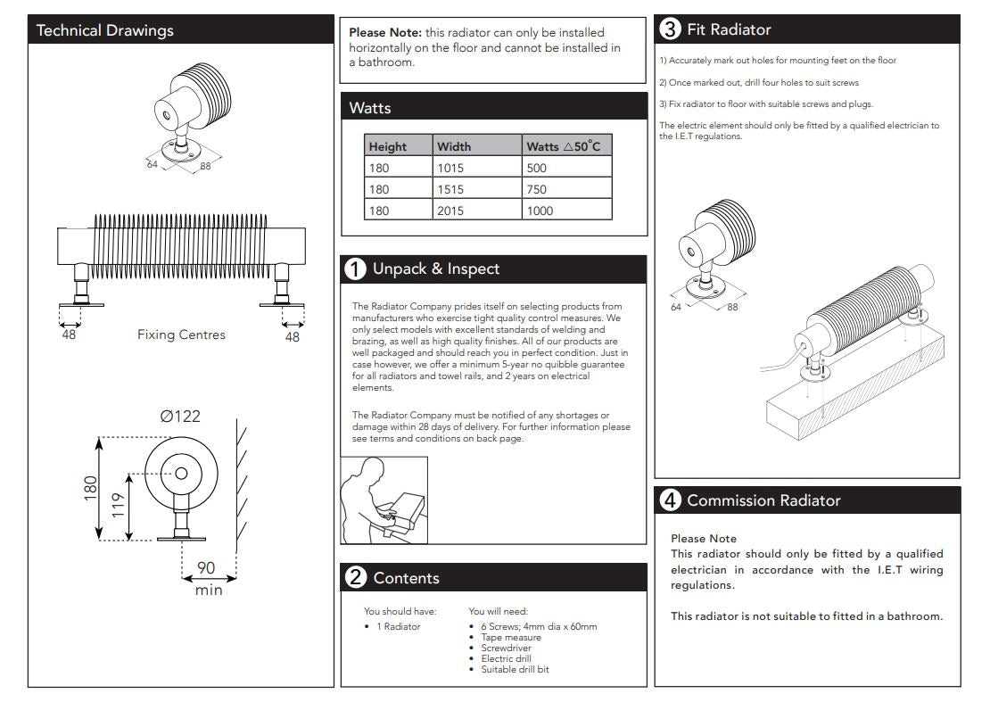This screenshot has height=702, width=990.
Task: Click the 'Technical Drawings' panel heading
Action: [105, 30]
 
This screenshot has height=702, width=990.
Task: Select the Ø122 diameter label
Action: [180, 416]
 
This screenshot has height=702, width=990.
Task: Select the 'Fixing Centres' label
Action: [181, 335]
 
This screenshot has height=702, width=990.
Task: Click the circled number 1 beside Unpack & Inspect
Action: [355, 269]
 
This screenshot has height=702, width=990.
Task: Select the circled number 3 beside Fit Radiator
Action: [670, 29]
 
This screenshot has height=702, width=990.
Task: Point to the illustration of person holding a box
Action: [384, 500]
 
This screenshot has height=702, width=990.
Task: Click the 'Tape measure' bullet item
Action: [510, 638]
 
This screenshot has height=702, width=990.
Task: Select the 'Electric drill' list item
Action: [506, 658]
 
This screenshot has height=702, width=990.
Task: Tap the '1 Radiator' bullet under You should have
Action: [398, 627]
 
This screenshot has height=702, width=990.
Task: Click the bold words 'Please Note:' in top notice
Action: [384, 33]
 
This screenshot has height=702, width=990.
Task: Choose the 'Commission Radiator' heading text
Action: [763, 500]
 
